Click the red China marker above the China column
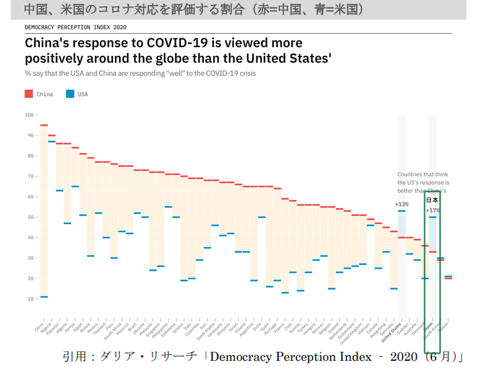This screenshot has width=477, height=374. tap(44, 125)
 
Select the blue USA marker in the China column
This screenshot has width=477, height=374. tap(44, 297)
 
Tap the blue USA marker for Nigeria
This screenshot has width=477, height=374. tap(52, 141)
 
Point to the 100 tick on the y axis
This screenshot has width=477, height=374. tap(29, 115)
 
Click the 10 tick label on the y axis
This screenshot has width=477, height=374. tap(29, 299)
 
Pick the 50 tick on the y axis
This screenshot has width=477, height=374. tap(29, 217)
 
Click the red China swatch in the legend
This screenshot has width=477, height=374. tap(29, 94)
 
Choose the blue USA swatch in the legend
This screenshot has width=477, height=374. tap(70, 94)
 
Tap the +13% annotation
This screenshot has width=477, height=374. tap(401, 204)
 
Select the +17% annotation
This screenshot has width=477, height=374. tap(432, 210)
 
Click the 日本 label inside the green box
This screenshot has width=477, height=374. tap(432, 200)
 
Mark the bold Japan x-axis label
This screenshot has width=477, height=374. tap(428, 327)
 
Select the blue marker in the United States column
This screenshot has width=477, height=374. tap(401, 211)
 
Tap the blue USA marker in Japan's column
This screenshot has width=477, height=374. tap(433, 217)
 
